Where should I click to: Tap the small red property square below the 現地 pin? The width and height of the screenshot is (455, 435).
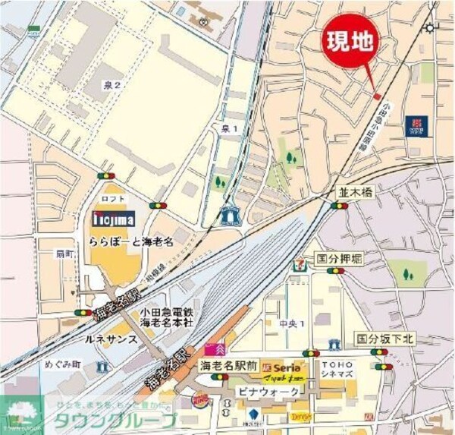click(377, 96)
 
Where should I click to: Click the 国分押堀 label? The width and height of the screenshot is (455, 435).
click(339, 260)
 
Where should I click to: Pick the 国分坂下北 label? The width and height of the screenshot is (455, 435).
click(384, 339)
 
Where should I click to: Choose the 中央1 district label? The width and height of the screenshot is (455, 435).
click(290, 323)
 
